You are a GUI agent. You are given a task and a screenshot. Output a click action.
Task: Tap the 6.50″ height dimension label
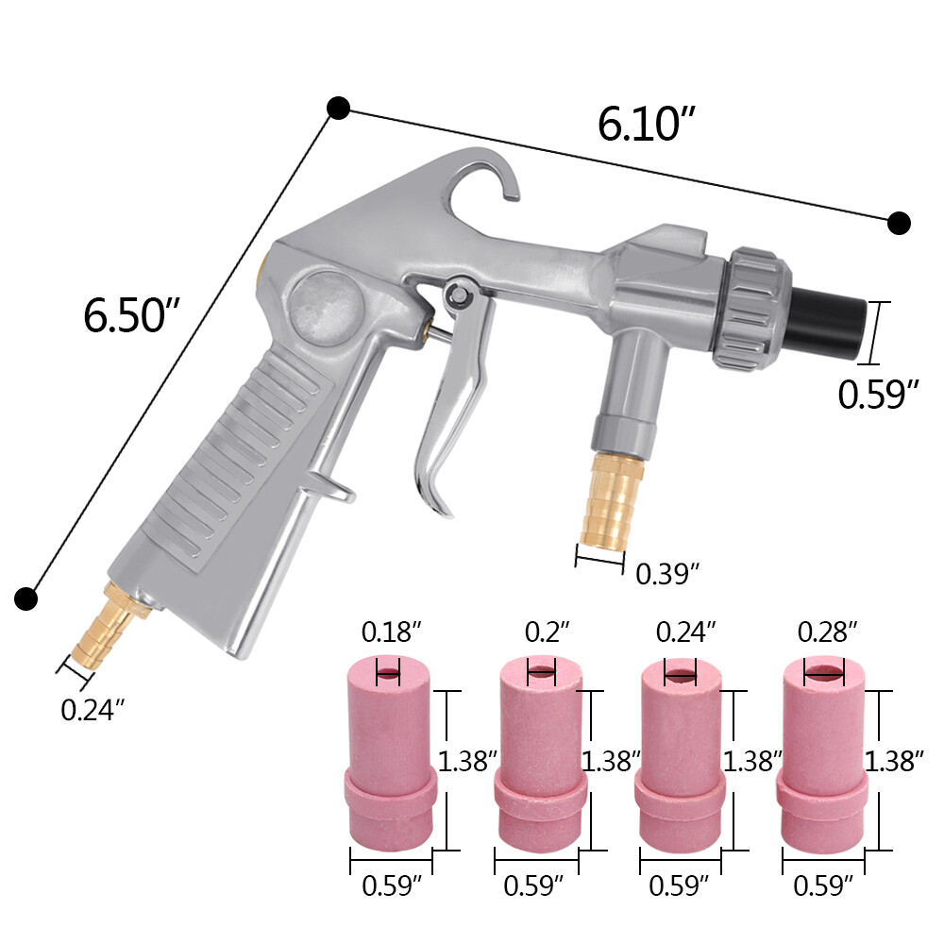[131, 314]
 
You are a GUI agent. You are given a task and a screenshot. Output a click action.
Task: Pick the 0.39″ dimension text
[667, 572]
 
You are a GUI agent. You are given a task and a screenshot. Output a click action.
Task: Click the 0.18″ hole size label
[388, 631]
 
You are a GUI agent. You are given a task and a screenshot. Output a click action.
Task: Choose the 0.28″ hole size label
[827, 631]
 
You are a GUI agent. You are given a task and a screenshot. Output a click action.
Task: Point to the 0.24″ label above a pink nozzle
[685, 631]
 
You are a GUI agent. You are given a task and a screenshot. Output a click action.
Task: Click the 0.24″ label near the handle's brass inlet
[93, 710]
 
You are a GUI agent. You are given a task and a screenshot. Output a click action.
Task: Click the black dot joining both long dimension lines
[339, 108]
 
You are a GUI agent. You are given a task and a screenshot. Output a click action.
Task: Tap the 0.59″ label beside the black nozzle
[878, 394]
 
